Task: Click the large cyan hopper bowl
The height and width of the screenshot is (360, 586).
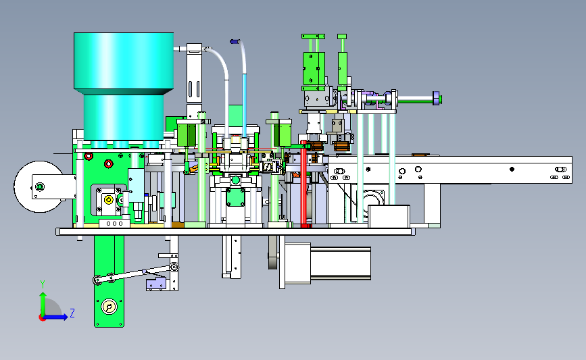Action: click(x=123, y=86)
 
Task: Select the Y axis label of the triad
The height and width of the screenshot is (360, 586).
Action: click(x=43, y=284)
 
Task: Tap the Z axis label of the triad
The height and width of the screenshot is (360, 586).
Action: click(x=72, y=313)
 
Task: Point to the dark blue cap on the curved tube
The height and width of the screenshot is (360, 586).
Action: click(x=235, y=41)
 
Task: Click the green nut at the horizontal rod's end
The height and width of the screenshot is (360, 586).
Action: click(x=441, y=99)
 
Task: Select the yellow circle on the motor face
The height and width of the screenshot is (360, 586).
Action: click(x=108, y=200)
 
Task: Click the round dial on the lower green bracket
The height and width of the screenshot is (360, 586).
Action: click(x=109, y=307)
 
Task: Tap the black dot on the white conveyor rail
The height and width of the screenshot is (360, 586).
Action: click(x=512, y=169)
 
